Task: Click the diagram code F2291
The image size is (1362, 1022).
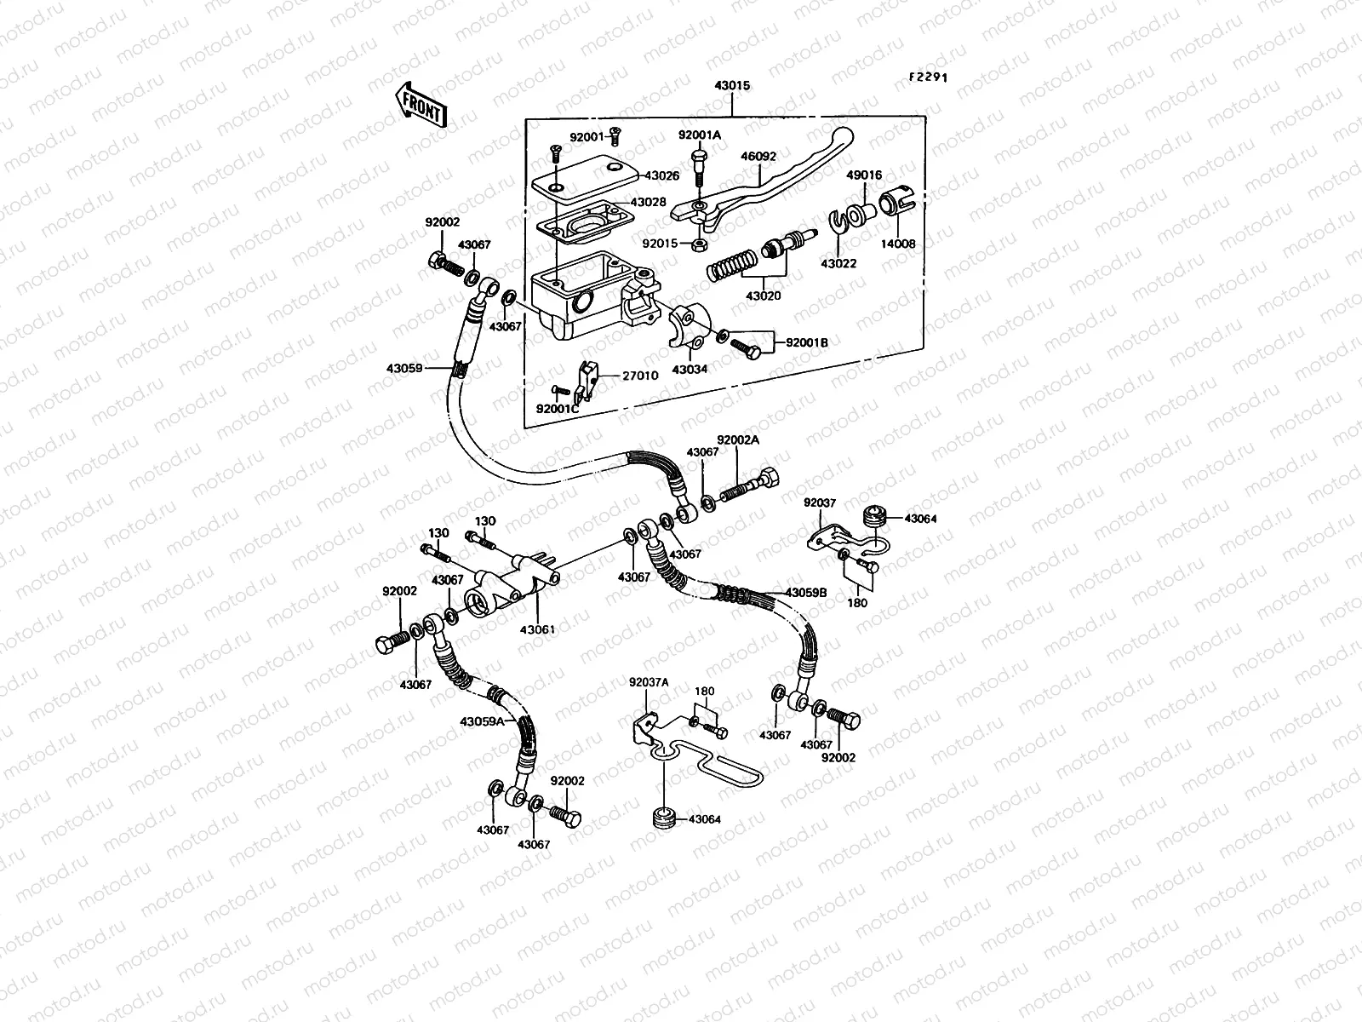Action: tap(927, 77)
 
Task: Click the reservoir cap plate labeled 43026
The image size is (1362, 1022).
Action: tap(583, 181)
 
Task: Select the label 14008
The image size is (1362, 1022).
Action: tap(899, 244)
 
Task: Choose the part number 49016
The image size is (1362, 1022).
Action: tap(863, 176)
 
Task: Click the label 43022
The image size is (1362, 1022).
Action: tap(839, 264)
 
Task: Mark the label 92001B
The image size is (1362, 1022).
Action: tap(806, 342)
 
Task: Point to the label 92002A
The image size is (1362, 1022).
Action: tap(737, 440)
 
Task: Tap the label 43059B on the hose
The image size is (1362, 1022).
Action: tap(805, 592)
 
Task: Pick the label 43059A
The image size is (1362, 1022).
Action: tap(482, 721)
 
